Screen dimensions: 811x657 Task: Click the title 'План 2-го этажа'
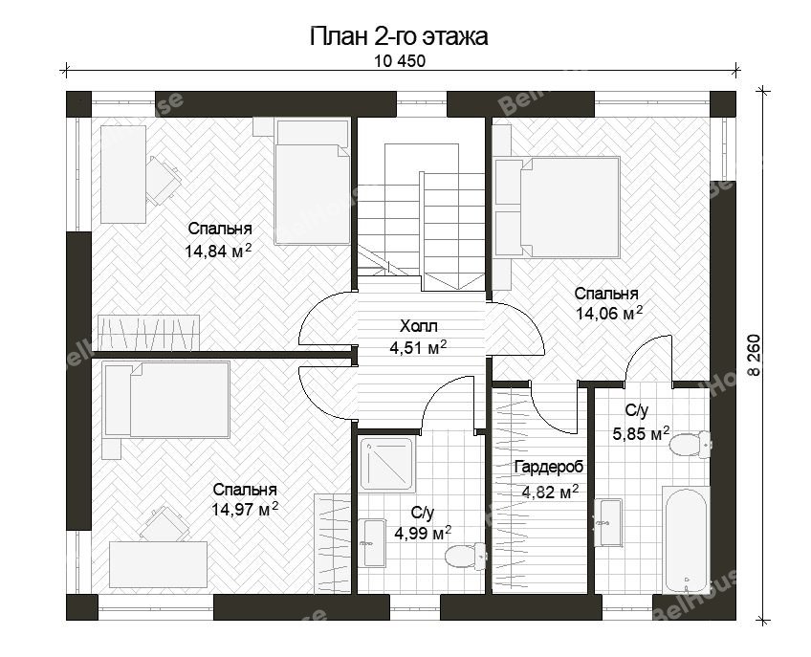tap(399, 36)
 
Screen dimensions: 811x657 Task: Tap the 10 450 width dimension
tap(400, 61)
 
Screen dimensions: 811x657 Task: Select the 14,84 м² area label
tap(218, 251)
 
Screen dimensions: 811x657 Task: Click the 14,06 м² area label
tap(609, 313)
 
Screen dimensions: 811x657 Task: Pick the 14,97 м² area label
tap(245, 509)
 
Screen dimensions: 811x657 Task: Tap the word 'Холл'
tap(419, 326)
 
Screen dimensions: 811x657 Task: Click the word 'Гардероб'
tap(549, 467)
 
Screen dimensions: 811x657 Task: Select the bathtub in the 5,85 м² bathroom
tap(686, 539)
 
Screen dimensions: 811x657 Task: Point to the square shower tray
tap(387, 465)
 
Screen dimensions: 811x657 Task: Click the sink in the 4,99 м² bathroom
tap(374, 542)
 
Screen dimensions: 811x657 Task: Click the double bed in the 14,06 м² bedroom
tap(558, 208)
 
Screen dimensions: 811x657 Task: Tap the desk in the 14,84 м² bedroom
tap(123, 174)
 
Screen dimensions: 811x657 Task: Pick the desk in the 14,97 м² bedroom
tap(158, 564)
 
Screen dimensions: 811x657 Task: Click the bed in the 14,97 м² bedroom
tap(166, 400)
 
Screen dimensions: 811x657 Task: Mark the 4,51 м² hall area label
tap(419, 348)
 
